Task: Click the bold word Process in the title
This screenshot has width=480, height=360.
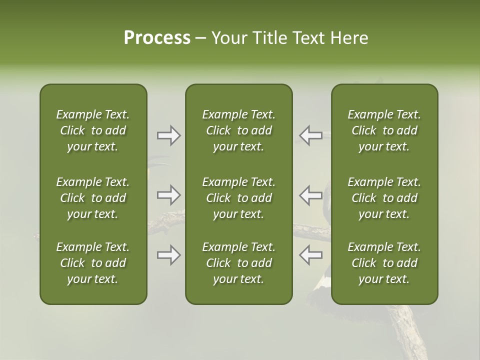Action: pos(157,38)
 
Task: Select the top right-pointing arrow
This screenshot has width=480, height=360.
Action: pos(169,135)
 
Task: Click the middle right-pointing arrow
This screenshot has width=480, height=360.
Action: pos(169,195)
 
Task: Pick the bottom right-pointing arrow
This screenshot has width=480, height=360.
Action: pos(169,255)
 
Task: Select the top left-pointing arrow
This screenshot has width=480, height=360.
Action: pos(310,135)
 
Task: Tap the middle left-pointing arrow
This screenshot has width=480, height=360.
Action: pos(310,195)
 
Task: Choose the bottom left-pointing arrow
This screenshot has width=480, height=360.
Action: pos(310,255)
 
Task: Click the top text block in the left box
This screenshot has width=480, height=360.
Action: pos(93,130)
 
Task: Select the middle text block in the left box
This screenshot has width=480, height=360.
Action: pos(93,198)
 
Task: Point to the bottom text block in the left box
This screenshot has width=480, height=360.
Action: pos(93,263)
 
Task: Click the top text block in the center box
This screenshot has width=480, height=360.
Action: pos(239,130)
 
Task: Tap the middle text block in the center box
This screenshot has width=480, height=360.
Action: pos(239,198)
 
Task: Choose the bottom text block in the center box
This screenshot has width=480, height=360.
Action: pos(239,263)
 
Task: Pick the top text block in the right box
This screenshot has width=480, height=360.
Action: pos(384,130)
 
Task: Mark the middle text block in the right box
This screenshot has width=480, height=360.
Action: pos(384,198)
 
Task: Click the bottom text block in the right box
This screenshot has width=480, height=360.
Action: pos(384,263)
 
